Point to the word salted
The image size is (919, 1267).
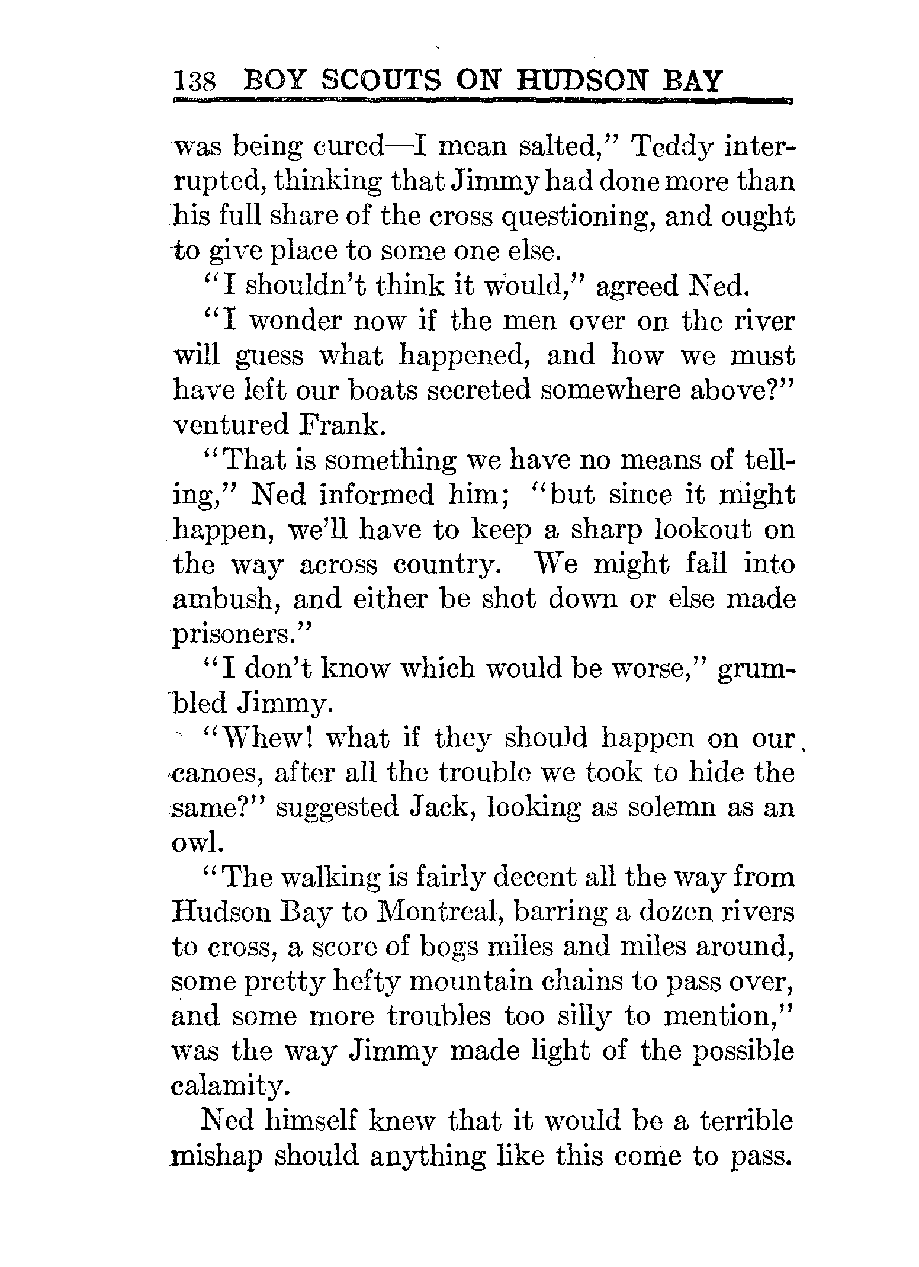561,146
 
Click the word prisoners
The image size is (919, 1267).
240,634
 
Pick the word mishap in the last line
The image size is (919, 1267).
217,1157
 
